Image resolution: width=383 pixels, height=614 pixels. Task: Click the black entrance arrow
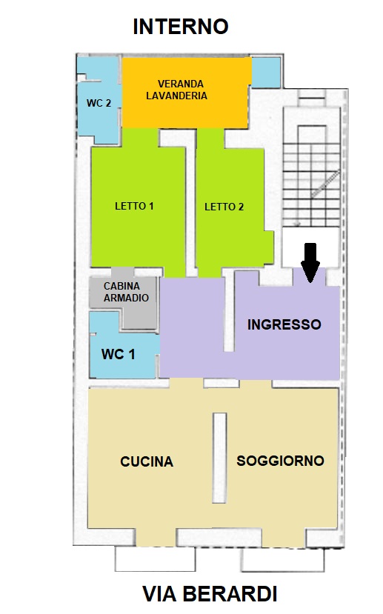click(x=310, y=262)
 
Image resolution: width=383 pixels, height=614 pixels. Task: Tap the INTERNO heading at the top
click(x=181, y=27)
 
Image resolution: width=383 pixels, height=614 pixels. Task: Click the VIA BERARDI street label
click(x=210, y=594)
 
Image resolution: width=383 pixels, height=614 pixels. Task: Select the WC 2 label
click(x=99, y=103)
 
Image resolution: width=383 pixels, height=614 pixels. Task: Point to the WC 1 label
click(x=119, y=354)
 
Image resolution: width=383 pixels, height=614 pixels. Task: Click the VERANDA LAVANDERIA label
click(x=176, y=90)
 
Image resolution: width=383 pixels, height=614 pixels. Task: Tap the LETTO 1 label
click(x=134, y=206)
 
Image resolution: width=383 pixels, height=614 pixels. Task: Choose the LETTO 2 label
click(x=224, y=207)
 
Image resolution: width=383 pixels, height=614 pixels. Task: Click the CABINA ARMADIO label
click(x=126, y=292)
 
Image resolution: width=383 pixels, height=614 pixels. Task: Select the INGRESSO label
click(x=284, y=324)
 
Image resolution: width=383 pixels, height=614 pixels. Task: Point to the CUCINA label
click(x=147, y=461)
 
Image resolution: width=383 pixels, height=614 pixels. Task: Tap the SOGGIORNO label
click(x=280, y=461)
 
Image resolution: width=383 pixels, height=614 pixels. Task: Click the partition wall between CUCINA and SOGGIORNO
click(x=219, y=458)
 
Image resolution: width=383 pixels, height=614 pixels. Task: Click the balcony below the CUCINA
click(x=155, y=558)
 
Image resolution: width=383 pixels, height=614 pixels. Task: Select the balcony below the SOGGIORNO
click(x=282, y=560)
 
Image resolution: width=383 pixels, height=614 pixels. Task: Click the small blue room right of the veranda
click(x=265, y=73)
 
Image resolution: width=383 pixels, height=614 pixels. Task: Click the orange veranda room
click(x=186, y=93)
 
